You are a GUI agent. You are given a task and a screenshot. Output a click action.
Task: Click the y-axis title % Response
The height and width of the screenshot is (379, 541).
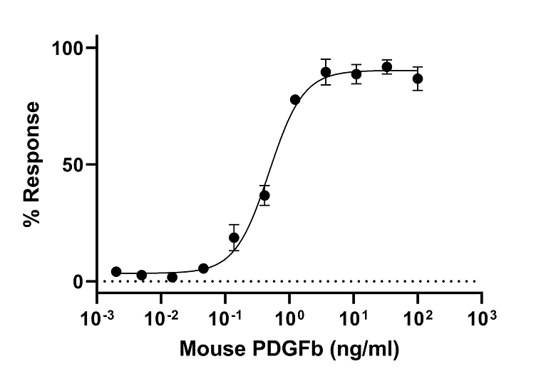click(31, 164)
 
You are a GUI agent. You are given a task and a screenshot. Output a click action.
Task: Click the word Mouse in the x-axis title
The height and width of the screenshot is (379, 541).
click(206, 350)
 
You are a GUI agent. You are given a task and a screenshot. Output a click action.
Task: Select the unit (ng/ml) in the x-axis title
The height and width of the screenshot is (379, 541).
click(359, 350)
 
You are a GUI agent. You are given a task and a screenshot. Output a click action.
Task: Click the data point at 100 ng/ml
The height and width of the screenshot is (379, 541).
click(418, 79)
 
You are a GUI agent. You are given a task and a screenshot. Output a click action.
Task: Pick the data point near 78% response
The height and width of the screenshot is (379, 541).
click(295, 100)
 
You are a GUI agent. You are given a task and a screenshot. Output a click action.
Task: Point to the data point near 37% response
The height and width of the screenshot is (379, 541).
click(264, 196)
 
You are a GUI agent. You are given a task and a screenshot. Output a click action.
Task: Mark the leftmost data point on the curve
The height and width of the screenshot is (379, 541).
click(116, 272)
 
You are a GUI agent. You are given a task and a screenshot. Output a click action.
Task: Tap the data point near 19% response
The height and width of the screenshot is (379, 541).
click(234, 238)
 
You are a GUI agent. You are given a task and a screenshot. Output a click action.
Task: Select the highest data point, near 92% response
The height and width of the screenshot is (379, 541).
click(387, 67)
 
